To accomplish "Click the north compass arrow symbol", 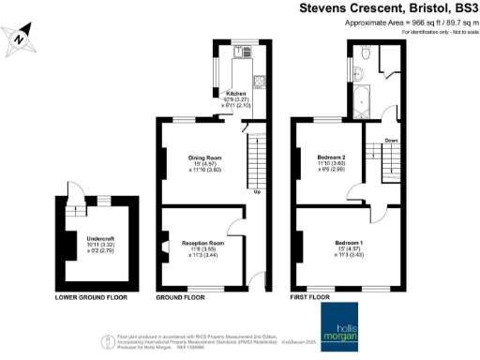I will pyautogui.click(x=20, y=38).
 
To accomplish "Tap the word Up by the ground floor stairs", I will pyautogui.click(x=257, y=195).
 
